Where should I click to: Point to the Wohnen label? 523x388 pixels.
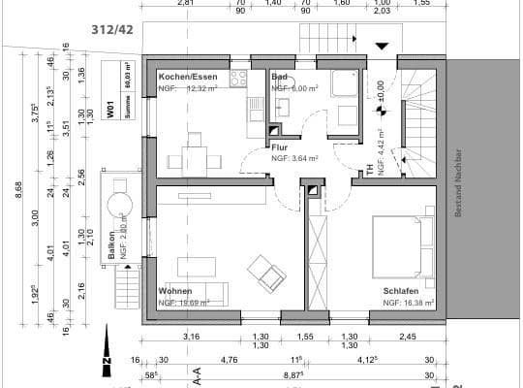point(175,291)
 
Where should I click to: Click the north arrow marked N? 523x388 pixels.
point(106,364)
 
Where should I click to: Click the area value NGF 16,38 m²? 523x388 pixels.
point(408,303)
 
